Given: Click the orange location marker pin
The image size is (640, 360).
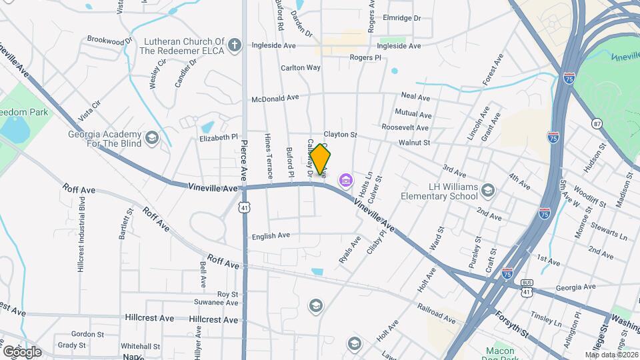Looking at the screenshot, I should tap(321, 159).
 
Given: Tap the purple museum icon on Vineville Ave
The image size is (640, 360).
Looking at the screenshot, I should tap(345, 180).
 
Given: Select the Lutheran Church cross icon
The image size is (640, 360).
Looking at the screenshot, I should tap(234, 45).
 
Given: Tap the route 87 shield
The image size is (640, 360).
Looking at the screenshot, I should tap(597, 124).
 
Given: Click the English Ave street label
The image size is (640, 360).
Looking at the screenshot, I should tap(270, 235).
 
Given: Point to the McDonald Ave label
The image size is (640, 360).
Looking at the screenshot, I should tap(275, 98).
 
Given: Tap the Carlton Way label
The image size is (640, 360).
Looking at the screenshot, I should tap(300, 67).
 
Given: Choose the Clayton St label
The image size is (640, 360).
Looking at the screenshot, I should tap(341, 134).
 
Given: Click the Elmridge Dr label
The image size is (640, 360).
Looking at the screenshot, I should tap(403, 18).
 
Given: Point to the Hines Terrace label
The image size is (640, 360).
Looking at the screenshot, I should tap(269, 156).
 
